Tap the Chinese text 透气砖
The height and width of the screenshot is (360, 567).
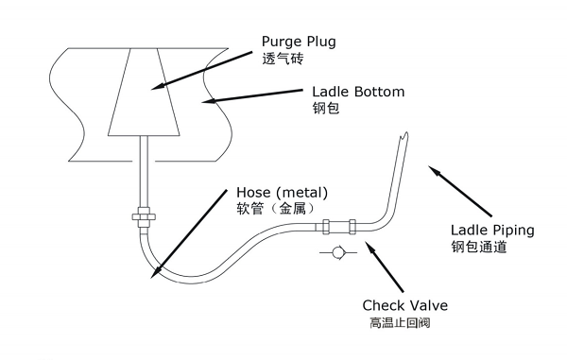(x=281, y=60)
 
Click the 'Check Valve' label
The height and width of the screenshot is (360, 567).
(x=404, y=306)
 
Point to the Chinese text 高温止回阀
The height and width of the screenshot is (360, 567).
(x=400, y=323)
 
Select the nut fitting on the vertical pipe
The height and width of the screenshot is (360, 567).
(x=142, y=215)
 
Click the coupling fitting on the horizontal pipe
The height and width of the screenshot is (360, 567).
(x=337, y=227)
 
